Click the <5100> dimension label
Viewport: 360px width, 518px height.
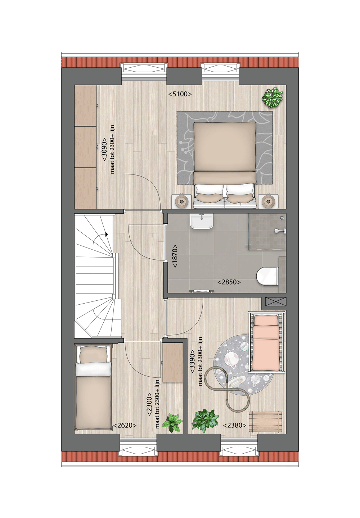pos(180,94)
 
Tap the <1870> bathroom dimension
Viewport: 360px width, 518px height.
pos(175,256)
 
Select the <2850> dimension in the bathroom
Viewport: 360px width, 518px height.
pos(229,282)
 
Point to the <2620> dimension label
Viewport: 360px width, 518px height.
pos(125,426)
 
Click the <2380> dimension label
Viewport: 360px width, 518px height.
pos(235,426)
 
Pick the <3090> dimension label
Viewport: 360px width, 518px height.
pos(104,149)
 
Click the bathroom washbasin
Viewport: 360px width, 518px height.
pos(202,221)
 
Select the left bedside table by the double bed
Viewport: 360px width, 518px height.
pos(181,201)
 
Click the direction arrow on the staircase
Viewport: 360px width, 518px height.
pos(107,234)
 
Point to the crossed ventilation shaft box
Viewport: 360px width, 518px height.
pos(276,301)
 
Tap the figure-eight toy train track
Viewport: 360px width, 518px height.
pos(227,388)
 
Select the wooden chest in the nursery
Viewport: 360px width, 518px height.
pos(265,422)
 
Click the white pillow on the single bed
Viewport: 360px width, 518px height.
pos(93,369)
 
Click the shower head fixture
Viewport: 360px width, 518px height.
pos(278,231)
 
